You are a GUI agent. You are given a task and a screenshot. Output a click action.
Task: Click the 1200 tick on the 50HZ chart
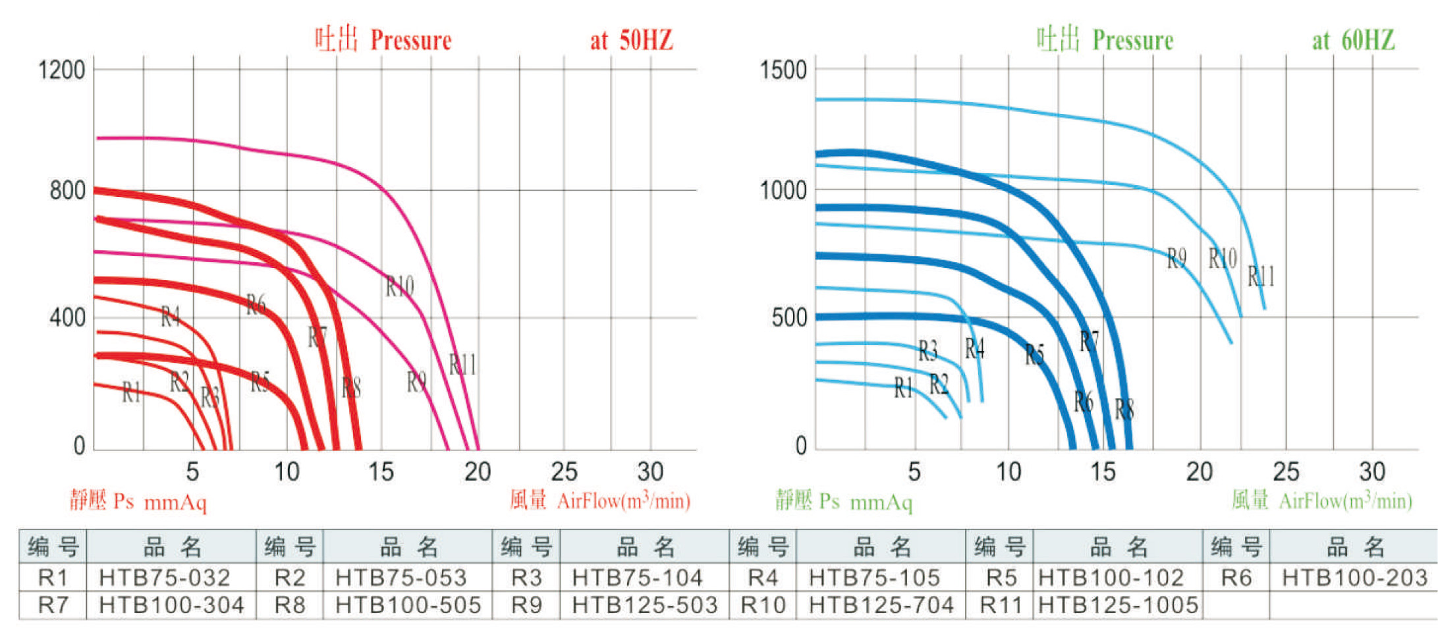click(x=62, y=70)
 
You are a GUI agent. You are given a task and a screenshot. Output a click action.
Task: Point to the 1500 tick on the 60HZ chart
click(x=783, y=70)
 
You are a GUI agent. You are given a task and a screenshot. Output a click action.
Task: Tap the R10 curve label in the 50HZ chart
click(x=399, y=286)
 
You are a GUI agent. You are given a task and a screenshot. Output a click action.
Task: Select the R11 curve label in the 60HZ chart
click(x=1261, y=276)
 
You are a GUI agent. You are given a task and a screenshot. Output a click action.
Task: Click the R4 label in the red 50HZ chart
click(x=171, y=317)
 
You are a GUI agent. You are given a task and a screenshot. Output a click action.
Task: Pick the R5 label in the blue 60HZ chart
click(x=1034, y=355)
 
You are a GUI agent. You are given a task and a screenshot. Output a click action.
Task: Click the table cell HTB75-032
click(x=165, y=577)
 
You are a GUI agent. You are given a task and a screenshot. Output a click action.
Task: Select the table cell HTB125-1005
click(x=1118, y=604)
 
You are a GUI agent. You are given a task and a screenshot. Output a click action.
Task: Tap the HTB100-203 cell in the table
click(x=1354, y=577)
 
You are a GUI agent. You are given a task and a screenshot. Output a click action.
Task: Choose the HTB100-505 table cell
click(x=408, y=604)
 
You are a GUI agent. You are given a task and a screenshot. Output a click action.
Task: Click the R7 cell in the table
click(x=53, y=604)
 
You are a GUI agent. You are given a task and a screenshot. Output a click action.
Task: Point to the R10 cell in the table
click(x=763, y=604)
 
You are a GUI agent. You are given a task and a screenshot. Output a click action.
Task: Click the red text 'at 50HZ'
click(x=631, y=41)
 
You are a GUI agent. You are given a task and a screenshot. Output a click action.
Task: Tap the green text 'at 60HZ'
click(x=1353, y=41)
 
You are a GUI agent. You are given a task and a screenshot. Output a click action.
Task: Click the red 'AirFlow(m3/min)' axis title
click(x=623, y=501)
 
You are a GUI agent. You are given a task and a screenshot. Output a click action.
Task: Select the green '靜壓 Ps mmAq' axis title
click(x=843, y=501)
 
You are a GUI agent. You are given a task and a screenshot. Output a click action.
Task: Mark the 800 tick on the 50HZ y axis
click(x=67, y=191)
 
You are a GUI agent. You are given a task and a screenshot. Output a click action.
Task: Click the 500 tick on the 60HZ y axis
click(x=789, y=318)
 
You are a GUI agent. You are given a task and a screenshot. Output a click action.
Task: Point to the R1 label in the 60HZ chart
click(x=903, y=388)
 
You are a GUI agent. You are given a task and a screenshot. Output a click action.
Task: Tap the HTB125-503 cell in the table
click(x=644, y=604)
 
